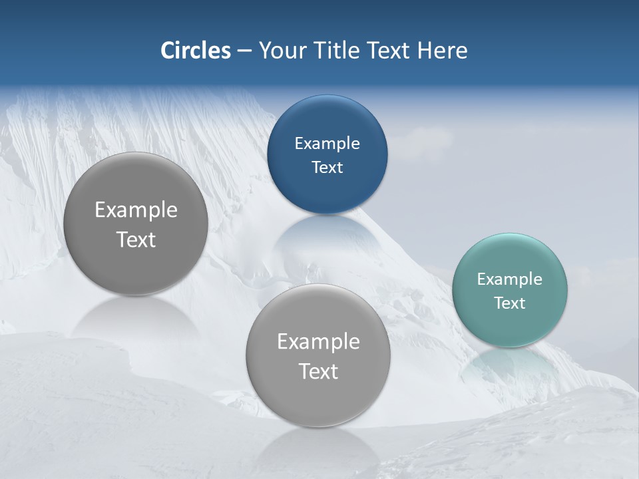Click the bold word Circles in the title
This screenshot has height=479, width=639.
(195, 51)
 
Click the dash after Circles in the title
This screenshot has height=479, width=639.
(244, 51)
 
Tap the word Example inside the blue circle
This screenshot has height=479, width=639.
(327, 143)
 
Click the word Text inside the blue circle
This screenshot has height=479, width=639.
(327, 167)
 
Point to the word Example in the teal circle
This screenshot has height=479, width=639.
(509, 279)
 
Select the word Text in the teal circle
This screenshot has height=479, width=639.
(509, 303)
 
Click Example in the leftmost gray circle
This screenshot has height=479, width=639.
(136, 210)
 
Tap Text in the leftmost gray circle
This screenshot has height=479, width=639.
(136, 239)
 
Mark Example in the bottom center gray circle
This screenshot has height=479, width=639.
(318, 341)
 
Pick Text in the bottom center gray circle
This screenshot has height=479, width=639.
(318, 371)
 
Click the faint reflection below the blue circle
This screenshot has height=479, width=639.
(327, 243)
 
